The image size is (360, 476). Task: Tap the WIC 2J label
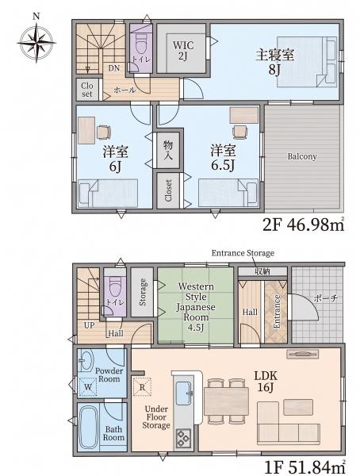click(x=183, y=51)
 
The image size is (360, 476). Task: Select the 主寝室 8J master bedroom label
click(x=274, y=62)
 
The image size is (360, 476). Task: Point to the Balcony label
click(x=302, y=156)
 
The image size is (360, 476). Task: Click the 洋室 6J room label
click(x=115, y=159)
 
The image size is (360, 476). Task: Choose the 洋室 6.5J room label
click(x=223, y=158)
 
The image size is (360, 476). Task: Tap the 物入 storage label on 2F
click(x=168, y=150)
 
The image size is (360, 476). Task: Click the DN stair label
click(x=114, y=68)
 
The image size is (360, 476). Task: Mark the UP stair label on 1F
click(x=90, y=326)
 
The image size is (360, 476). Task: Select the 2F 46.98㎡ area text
click(x=304, y=225)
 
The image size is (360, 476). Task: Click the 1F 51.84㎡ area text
click(x=304, y=468)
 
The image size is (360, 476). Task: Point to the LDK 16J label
click(x=266, y=382)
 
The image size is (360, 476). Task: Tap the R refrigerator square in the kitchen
click(x=142, y=387)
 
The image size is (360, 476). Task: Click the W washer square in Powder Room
click(x=88, y=387)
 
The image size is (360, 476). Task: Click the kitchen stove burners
click(x=183, y=438)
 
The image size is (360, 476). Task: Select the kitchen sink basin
click(x=184, y=393)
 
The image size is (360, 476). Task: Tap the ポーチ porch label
click(x=327, y=297)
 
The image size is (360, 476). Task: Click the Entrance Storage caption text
click(x=243, y=253)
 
